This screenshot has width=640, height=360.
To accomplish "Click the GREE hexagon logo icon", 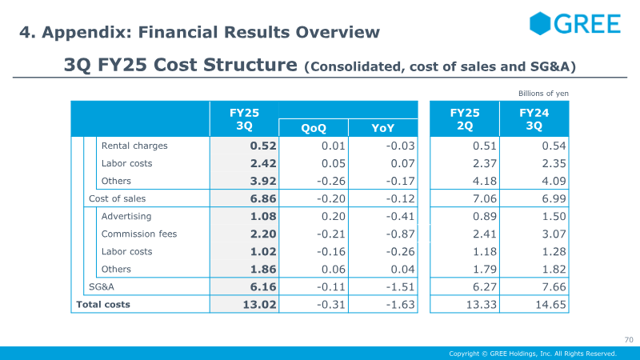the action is click(x=540, y=23).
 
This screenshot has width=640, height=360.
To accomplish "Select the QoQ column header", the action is click(x=314, y=128).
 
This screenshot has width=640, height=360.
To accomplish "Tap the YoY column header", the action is click(x=383, y=128).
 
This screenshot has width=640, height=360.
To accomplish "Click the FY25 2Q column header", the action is click(x=465, y=119).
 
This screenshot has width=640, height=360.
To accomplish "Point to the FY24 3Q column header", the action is click(x=534, y=119).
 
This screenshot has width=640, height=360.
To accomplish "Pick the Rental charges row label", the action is click(x=134, y=146).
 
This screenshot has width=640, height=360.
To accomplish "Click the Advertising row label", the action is click(x=126, y=216).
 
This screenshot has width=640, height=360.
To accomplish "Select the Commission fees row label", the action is click(x=139, y=234).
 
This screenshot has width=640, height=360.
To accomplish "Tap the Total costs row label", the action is click(x=103, y=305).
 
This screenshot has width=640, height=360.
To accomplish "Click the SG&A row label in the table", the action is click(x=102, y=287).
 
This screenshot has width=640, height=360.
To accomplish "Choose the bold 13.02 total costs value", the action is click(x=259, y=305).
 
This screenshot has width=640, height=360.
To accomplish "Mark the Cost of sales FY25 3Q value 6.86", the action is click(x=263, y=198).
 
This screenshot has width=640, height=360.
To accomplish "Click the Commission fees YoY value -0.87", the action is click(x=401, y=234).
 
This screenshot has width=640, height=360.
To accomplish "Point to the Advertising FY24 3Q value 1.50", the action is click(x=554, y=216).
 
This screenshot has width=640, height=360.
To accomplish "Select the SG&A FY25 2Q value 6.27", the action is click(x=485, y=287).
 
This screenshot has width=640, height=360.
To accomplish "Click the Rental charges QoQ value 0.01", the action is click(x=333, y=146).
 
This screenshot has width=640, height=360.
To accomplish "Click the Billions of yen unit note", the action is click(x=543, y=94).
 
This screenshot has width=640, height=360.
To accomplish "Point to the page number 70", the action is click(x=629, y=339).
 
